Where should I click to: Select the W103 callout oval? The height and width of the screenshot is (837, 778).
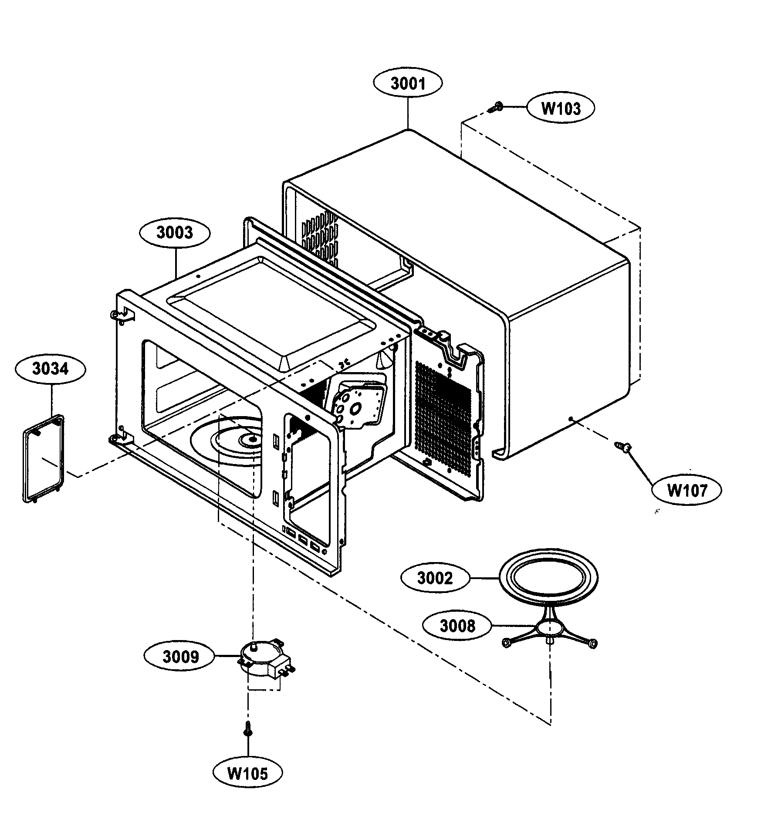click(x=560, y=108)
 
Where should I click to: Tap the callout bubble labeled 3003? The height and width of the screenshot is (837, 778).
click(x=175, y=233)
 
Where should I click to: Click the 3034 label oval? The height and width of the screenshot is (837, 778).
click(x=50, y=369)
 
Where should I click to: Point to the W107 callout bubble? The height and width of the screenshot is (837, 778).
click(x=687, y=490)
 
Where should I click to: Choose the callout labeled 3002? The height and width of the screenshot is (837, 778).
click(x=435, y=578)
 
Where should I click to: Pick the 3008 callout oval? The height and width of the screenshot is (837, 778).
click(x=457, y=626)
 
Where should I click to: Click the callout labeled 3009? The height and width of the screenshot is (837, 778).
click(x=180, y=657)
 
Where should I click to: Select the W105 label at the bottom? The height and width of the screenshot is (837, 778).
click(x=247, y=773)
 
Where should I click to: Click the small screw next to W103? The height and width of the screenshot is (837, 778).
click(x=495, y=108)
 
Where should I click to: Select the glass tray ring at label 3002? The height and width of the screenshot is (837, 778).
click(x=548, y=578)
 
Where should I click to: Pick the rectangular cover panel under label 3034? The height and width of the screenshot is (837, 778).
click(x=44, y=457)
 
